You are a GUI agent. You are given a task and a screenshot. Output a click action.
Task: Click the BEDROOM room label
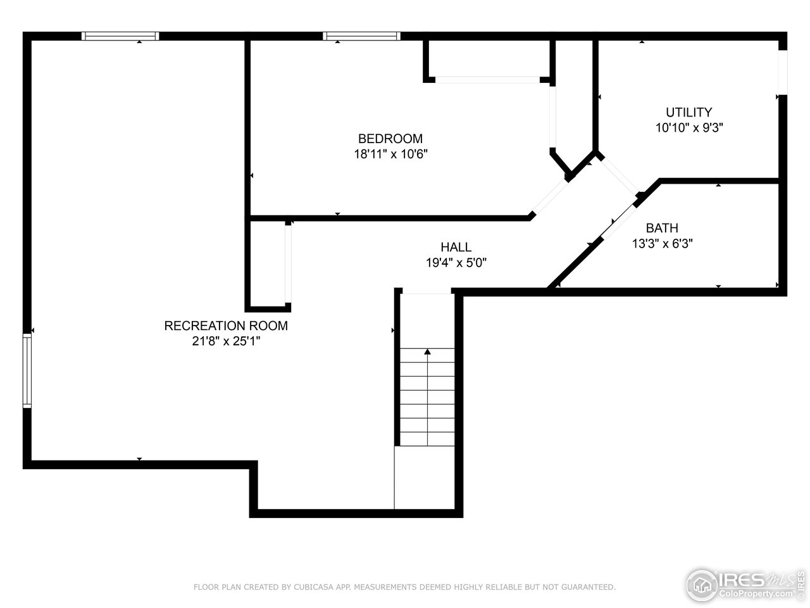click(x=390, y=139)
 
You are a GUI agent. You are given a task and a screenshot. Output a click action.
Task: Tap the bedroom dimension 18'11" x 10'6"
click(x=390, y=154)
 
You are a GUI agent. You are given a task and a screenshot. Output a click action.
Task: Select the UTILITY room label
click(x=688, y=112)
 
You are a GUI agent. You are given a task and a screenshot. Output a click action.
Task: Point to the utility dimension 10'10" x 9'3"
click(x=688, y=127)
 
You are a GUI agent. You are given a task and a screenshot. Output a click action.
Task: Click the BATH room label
click(x=661, y=228)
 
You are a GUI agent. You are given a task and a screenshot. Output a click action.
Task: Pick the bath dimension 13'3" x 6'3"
click(x=662, y=243)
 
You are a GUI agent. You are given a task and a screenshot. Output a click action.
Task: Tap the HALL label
click(x=456, y=248)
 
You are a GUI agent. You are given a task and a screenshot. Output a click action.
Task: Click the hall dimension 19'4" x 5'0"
click(x=456, y=263)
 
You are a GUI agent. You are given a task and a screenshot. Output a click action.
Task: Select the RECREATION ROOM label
click(x=226, y=326)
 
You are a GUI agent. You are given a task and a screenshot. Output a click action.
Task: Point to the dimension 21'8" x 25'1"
click(x=226, y=341)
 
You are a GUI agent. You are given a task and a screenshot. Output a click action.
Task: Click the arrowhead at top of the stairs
click(x=428, y=351)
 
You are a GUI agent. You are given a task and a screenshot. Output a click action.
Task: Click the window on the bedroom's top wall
click(x=361, y=36)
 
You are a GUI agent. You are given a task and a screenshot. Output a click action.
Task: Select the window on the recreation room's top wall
click(x=120, y=36)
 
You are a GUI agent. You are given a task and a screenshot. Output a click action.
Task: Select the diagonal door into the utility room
click(x=618, y=174)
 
